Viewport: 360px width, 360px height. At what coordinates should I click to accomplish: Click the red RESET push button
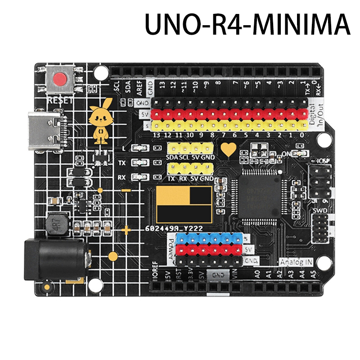click(x=59, y=81)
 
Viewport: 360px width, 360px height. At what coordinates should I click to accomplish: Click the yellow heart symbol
click(x=229, y=149)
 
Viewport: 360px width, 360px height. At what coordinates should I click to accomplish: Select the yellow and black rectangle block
click(x=184, y=204)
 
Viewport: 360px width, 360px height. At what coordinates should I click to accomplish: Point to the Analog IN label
click(x=295, y=262)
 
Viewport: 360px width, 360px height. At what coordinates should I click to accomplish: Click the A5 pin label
click(x=312, y=273)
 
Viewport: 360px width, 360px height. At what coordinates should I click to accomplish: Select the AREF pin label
click(x=139, y=87)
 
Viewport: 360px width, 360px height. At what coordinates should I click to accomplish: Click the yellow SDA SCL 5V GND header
click(x=189, y=149)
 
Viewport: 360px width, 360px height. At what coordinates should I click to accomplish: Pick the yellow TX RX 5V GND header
click(x=189, y=170)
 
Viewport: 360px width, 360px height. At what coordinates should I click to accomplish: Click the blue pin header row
click(x=207, y=238)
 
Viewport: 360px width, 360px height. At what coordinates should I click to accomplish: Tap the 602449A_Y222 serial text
click(x=174, y=229)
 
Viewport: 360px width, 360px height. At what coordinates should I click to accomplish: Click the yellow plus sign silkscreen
click(x=126, y=231)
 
